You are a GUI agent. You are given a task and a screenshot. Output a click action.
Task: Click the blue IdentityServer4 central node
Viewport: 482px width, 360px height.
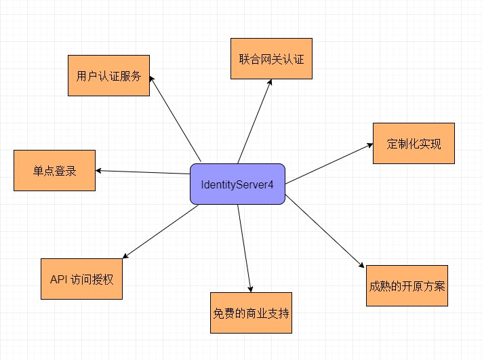[x=238, y=184]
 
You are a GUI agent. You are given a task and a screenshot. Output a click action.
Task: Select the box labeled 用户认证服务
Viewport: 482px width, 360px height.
[x=109, y=76]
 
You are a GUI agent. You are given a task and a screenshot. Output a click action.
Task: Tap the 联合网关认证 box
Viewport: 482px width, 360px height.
[x=271, y=59]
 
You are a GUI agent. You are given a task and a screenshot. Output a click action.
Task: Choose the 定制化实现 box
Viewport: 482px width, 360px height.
[x=414, y=143]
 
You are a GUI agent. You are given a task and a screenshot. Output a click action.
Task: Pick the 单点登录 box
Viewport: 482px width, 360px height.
[x=54, y=170]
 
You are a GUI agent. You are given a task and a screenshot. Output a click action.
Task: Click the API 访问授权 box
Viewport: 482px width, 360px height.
[x=82, y=279]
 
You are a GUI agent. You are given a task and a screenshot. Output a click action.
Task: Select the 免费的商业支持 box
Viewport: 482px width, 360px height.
[x=251, y=313]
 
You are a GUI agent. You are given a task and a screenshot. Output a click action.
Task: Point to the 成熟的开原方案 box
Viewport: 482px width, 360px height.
[x=407, y=285]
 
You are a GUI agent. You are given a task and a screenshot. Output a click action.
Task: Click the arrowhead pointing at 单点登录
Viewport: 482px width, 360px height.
[x=98, y=171]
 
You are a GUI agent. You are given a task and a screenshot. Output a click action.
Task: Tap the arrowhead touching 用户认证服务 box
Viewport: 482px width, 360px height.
[x=152, y=79]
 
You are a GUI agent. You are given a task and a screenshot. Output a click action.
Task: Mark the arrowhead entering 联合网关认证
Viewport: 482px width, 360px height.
[x=270, y=82]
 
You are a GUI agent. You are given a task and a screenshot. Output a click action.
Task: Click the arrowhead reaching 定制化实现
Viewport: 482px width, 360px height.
[x=370, y=145]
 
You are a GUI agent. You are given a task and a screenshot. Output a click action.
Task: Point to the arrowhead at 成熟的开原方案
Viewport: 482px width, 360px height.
[x=361, y=265]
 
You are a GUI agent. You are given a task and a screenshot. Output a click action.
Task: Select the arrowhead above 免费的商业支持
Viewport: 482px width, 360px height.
[x=251, y=289]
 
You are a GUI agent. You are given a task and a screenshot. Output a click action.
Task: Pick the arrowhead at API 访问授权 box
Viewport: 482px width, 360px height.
[x=125, y=256]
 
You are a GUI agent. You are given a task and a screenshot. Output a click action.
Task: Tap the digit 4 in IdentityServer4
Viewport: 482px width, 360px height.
[x=270, y=185]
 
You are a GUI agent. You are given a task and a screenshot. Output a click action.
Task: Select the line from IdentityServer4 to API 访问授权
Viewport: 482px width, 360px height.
[x=161, y=232]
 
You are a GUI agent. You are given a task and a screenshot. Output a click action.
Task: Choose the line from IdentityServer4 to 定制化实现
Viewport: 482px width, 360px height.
[x=329, y=163]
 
